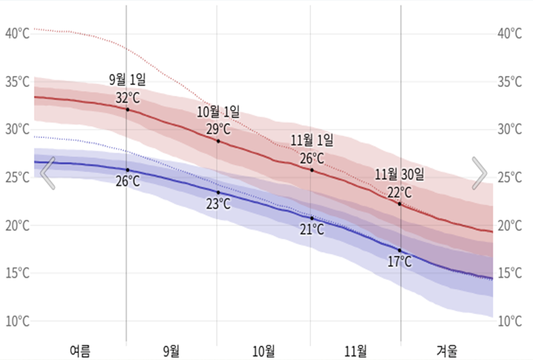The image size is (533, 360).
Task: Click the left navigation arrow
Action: tap(48, 173)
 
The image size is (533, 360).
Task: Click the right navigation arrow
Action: tap(480, 173)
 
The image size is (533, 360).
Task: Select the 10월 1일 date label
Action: tap(218, 111)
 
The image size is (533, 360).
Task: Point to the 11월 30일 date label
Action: tap(399, 175)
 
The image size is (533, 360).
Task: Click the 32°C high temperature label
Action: tap(127, 98)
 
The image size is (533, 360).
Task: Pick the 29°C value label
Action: tap(218, 129)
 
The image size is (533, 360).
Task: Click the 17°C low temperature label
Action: tap(400, 262)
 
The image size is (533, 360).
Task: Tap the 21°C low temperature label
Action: tap(312, 230)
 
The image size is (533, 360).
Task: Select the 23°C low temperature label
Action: tap(218, 204)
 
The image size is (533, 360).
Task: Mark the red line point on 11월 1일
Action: tap(311, 170)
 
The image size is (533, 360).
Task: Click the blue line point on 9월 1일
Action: tap(128, 170)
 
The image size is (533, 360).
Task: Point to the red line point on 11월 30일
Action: tap(399, 204)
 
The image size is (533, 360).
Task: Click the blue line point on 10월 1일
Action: tap(218, 192)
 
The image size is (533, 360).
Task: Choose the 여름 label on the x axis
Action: tap(80, 351)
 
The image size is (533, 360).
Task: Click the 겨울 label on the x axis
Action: tap(447, 351)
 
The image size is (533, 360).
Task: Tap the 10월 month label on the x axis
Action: tap(264, 351)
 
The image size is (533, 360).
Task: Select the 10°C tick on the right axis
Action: tap(510, 321)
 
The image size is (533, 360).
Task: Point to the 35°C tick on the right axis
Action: tap(510, 82)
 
